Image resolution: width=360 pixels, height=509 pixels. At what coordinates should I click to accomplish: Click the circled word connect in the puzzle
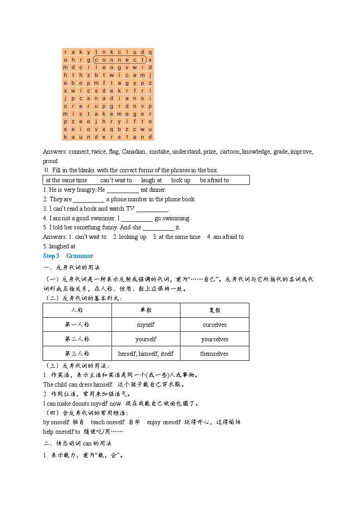[x=120, y=59]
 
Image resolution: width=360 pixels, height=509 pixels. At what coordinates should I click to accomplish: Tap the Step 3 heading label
[x=51, y=256]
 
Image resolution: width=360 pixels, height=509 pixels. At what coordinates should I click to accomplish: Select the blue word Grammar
[x=80, y=256]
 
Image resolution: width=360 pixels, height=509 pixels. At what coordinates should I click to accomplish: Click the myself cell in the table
[x=146, y=325]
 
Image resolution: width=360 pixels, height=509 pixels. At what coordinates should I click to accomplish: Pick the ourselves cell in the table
[x=214, y=325]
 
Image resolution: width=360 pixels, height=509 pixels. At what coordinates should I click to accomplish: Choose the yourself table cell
[x=146, y=339]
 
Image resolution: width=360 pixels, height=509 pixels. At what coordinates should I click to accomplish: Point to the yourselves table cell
[x=214, y=339]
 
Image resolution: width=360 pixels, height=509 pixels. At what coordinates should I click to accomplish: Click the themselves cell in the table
[x=214, y=354]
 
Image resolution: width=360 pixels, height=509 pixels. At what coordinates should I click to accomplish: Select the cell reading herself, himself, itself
[x=146, y=354]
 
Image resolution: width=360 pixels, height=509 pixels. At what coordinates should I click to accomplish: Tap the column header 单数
[x=146, y=310]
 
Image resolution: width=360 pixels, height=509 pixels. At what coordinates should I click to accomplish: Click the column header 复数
[x=214, y=310]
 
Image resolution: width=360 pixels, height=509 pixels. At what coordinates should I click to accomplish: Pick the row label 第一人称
[x=77, y=325]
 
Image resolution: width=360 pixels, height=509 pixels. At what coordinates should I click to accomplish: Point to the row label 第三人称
[x=77, y=354]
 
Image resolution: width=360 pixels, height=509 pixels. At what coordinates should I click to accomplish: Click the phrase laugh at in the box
[x=151, y=180]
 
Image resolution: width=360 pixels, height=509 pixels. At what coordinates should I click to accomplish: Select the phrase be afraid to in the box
[x=214, y=180]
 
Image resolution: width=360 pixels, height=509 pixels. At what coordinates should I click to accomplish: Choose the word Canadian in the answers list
[x=134, y=152]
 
